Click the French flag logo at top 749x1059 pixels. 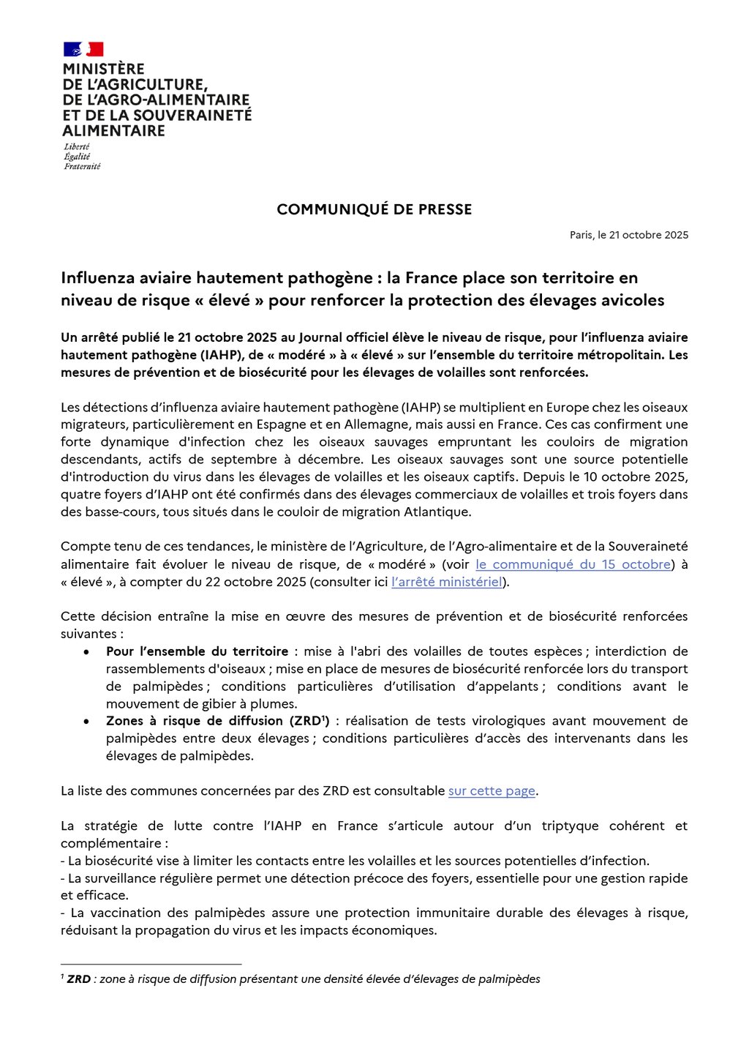(x=83, y=49)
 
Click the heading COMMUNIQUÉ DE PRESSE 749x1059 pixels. (x=374, y=209)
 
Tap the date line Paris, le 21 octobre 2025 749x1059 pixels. (x=629, y=235)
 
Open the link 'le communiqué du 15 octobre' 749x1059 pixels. (x=573, y=564)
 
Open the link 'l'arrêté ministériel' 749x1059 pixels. (x=447, y=582)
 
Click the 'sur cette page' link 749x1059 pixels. (x=492, y=791)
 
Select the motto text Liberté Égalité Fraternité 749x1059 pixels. (x=81, y=157)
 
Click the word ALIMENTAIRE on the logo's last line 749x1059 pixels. (x=113, y=131)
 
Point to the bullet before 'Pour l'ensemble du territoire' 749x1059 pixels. (x=88, y=651)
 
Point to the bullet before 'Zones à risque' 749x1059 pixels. (x=88, y=722)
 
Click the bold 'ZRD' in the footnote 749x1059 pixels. (x=79, y=979)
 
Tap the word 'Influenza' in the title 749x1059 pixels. (x=97, y=278)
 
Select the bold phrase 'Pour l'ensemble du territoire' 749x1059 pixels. (x=197, y=651)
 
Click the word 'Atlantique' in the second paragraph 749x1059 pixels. (x=436, y=512)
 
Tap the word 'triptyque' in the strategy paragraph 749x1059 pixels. (x=570, y=826)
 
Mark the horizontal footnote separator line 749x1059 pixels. (x=151, y=965)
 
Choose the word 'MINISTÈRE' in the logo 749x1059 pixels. (x=103, y=69)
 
